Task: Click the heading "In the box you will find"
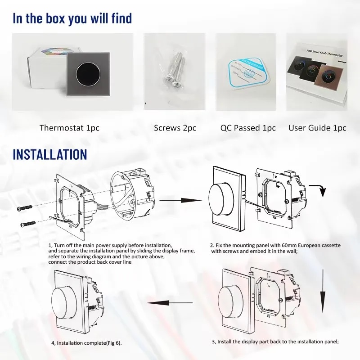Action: point(72,18)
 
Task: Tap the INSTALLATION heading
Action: point(49,154)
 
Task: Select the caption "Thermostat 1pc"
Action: point(69,128)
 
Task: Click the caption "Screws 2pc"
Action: point(175,128)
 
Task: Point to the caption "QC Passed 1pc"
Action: point(248,128)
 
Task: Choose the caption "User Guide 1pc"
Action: point(317,128)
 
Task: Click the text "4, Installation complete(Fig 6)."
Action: point(86,343)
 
